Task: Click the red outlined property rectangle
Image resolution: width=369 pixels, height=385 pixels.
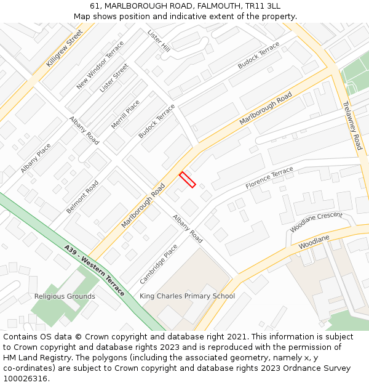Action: pyautogui.click(x=188, y=179)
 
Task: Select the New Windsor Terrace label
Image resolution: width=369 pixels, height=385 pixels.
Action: pyautogui.click(x=100, y=65)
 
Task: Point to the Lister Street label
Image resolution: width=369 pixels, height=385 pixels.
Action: pyautogui.click(x=114, y=78)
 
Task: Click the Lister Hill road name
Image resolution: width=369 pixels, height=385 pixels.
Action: pyautogui.click(x=159, y=40)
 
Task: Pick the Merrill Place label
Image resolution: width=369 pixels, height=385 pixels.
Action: pyautogui.click(x=125, y=114)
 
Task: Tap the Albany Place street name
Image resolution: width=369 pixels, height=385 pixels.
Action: pyautogui.click(x=36, y=158)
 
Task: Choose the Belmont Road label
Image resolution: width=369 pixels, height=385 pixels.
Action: pyautogui.click(x=82, y=197)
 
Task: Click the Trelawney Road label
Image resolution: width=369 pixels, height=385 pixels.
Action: pyautogui.click(x=352, y=126)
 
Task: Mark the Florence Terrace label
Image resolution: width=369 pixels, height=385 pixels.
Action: pyautogui.click(x=269, y=178)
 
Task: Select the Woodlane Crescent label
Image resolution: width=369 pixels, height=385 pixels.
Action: pyautogui.click(x=316, y=222)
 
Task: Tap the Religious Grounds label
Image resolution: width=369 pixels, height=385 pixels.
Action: pyautogui.click(x=65, y=296)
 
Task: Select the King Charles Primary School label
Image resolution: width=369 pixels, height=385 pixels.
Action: pyautogui.click(x=187, y=296)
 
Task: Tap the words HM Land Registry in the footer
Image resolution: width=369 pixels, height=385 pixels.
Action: pyautogui.click(x=34, y=357)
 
